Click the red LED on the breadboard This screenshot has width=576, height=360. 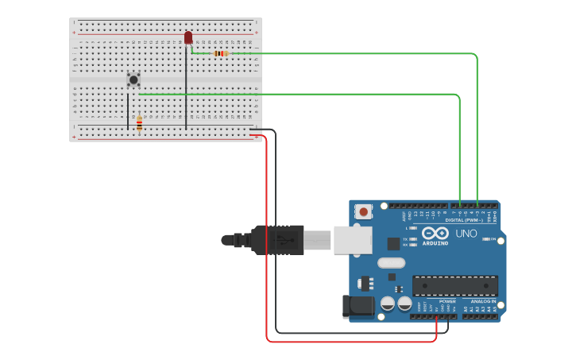(188, 37)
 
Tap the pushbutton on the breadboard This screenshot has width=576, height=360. (133, 79)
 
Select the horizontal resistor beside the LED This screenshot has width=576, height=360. (221, 53)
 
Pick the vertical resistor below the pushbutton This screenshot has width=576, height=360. (139, 123)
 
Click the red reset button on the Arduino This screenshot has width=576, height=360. (363, 211)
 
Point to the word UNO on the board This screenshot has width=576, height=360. (466, 234)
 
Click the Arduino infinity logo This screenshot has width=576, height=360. (435, 233)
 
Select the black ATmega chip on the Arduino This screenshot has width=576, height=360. (454, 285)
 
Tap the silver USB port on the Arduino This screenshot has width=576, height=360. (353, 239)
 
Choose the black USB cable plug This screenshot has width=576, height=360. (278, 239)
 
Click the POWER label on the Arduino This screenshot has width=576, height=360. (447, 301)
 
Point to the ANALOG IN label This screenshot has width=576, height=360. (482, 301)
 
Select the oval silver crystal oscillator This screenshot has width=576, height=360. (391, 263)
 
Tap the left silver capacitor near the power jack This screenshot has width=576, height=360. (388, 303)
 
